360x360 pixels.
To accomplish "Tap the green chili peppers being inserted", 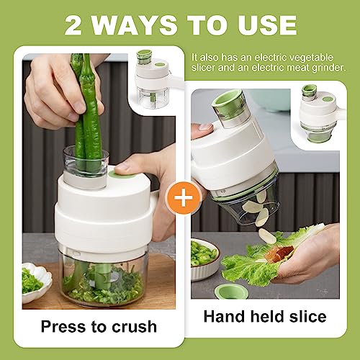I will click(x=85, y=108).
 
